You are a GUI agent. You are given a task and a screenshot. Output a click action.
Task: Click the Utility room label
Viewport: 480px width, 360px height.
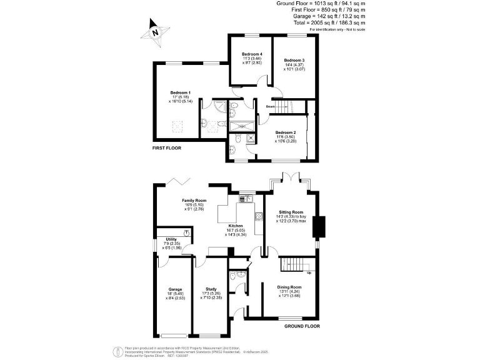[171, 239]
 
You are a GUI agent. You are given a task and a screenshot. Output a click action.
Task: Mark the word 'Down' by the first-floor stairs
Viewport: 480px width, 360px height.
[270, 106]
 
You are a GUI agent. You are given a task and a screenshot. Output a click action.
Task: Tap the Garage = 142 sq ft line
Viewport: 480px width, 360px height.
[321, 16]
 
